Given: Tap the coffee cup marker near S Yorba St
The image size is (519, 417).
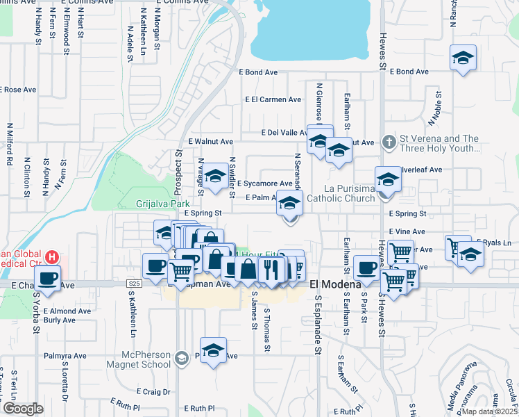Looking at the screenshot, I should point(47,278).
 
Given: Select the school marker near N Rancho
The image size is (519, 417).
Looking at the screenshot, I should point(463,58).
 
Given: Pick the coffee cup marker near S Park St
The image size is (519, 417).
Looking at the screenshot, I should point(367,267).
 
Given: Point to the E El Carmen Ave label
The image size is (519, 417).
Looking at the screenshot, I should point(273,99).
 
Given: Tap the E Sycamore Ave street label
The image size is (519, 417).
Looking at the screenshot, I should point(264,184).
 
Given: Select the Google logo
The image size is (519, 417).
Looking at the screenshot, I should point(22,409).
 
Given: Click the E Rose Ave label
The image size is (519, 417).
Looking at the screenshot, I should point(19,90).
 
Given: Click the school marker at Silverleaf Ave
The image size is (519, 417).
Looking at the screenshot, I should point(389,179).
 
